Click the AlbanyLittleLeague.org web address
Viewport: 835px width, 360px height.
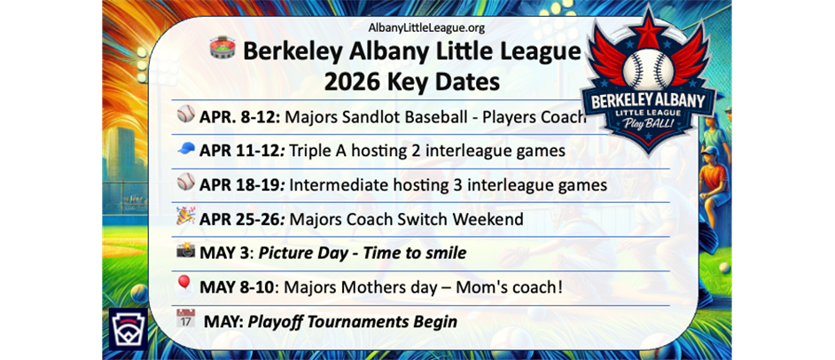pos(426,27)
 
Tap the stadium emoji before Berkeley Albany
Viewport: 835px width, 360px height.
pos(222,50)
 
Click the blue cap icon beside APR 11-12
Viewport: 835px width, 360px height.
pos(185,149)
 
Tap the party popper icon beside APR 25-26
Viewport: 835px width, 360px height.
pos(185,216)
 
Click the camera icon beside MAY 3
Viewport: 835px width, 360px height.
pos(185,252)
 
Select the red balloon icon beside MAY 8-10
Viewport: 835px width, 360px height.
pos(184,285)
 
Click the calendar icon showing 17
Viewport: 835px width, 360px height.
pos(185,319)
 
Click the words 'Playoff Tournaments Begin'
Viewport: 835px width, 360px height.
pos(353,321)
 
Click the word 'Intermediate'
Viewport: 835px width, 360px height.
pos(332,185)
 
